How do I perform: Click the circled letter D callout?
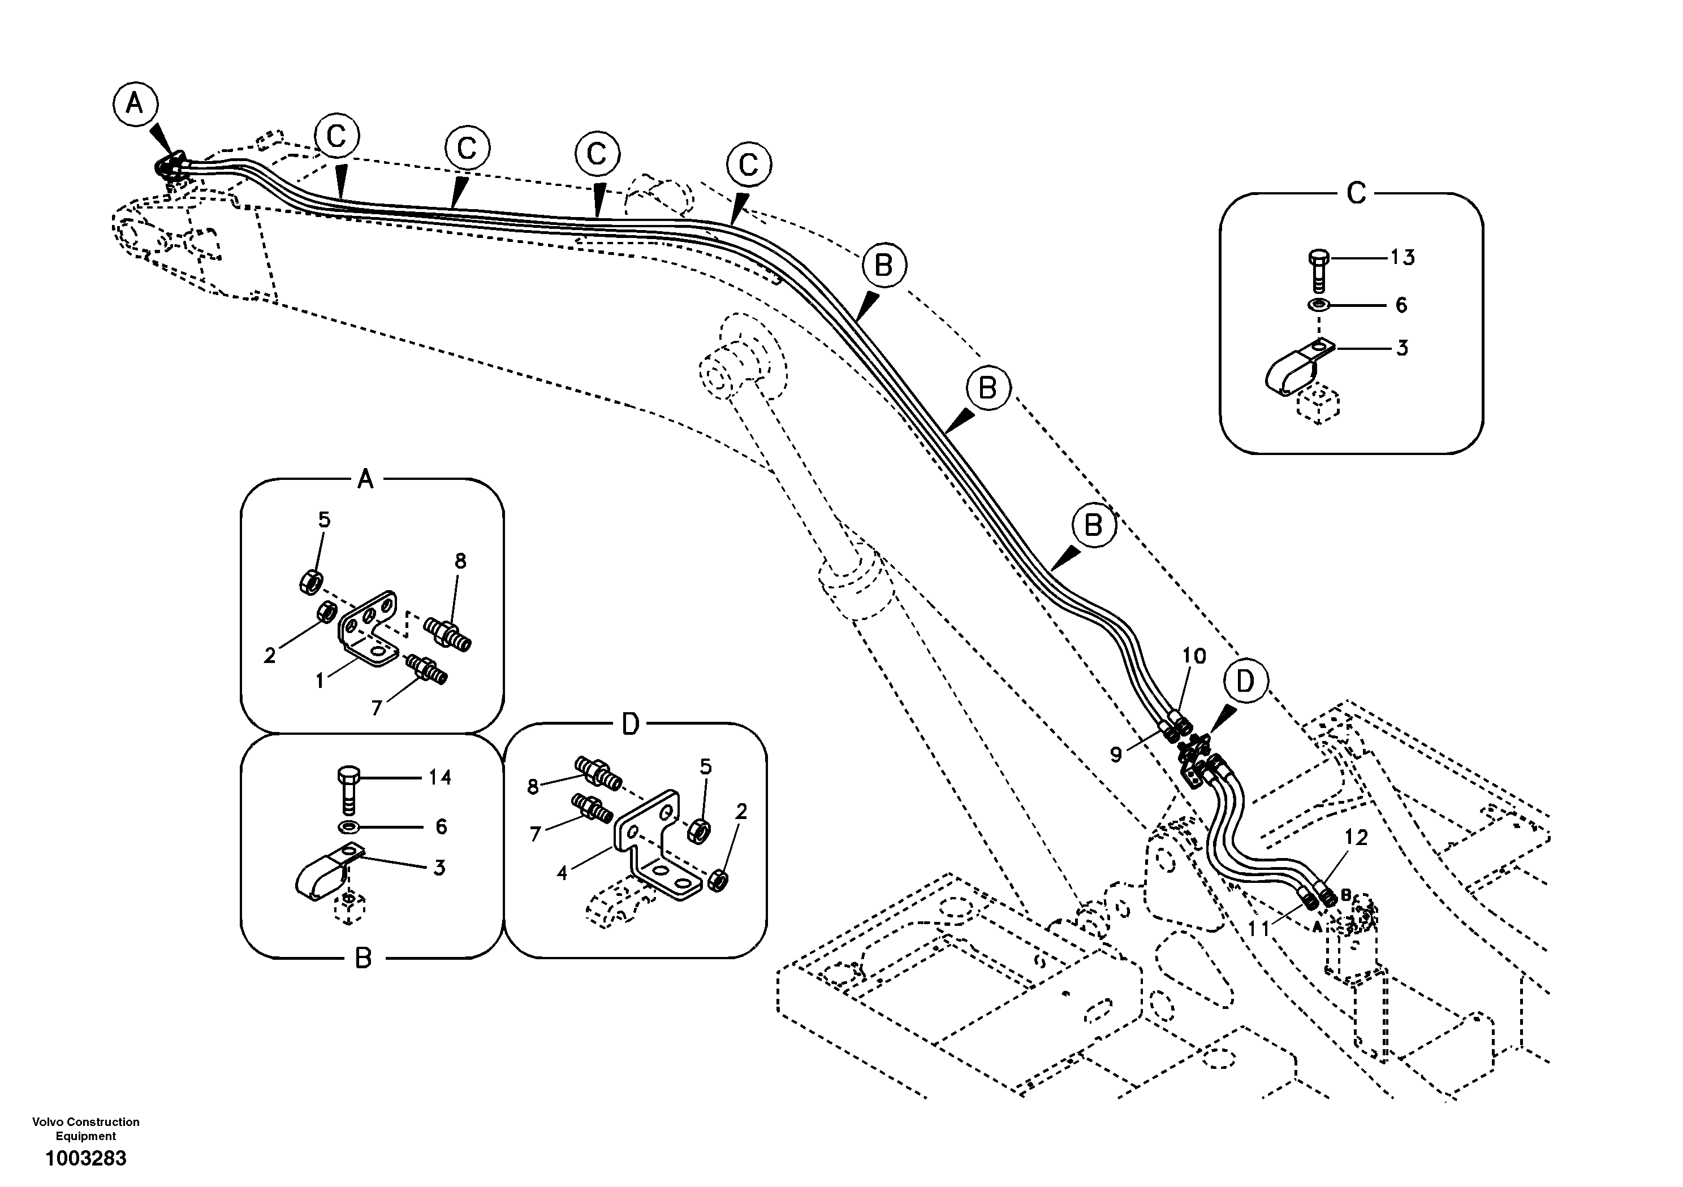coord(1245,682)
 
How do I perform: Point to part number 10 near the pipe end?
coord(1194,656)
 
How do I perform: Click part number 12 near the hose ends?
coord(1356,838)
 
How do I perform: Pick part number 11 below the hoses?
coord(1259,928)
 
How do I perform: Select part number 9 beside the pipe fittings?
coord(1116,755)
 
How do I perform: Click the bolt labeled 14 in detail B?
coord(348,789)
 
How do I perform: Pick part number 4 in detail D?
coord(562,873)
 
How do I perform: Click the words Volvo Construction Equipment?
coord(86,1128)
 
